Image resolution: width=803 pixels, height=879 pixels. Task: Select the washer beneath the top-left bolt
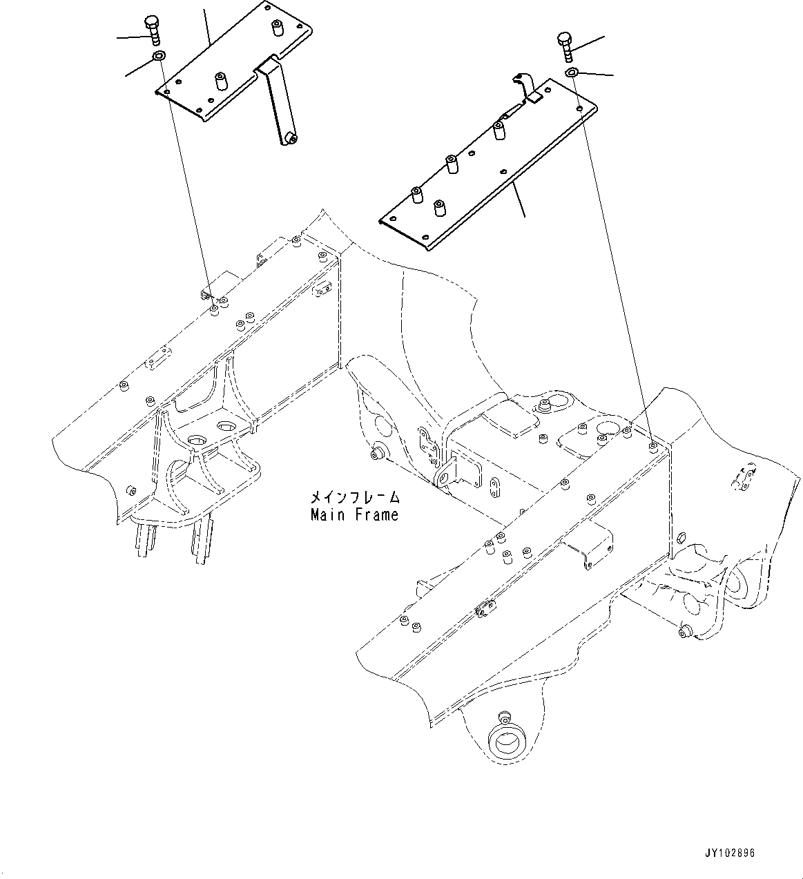159,56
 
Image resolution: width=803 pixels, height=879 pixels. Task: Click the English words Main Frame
354,515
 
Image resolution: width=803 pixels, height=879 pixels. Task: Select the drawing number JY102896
730,853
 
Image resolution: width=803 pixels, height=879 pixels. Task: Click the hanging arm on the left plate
276,104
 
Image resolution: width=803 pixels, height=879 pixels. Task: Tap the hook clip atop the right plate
526,86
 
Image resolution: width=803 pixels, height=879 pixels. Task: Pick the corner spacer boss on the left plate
278,28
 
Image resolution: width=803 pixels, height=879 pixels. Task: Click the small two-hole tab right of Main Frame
495,487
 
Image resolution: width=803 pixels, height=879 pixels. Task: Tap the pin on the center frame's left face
378,454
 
